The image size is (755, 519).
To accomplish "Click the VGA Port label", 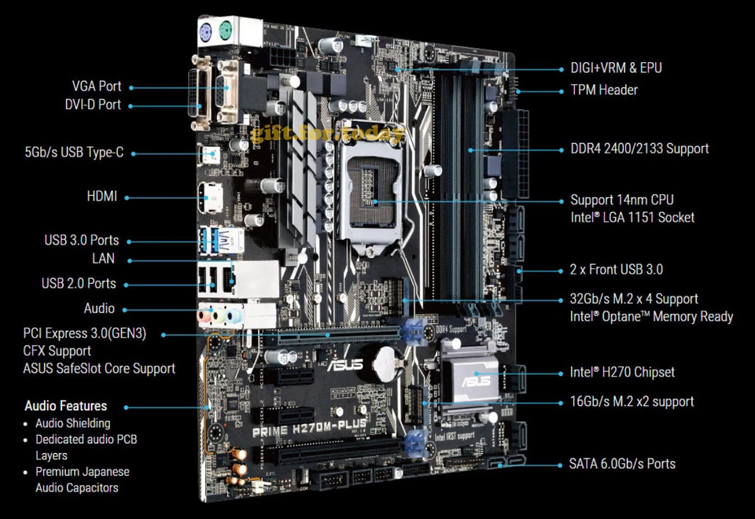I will pyautogui.click(x=97, y=86).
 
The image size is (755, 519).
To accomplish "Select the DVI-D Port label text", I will pyautogui.click(x=93, y=104).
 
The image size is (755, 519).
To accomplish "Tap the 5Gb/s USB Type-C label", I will pyautogui.click(x=74, y=153).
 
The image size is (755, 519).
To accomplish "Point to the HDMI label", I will pyautogui.click(x=101, y=197).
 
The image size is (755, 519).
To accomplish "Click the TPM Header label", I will pyautogui.click(x=604, y=90).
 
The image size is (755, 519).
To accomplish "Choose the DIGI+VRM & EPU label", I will pyautogui.click(x=616, y=68).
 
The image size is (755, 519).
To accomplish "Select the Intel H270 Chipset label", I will pyautogui.click(x=622, y=372).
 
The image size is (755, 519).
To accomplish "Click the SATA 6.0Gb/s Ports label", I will pyautogui.click(x=622, y=463).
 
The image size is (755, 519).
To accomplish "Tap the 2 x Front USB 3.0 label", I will pyautogui.click(x=616, y=269).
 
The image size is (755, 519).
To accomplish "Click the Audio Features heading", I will pyautogui.click(x=65, y=407).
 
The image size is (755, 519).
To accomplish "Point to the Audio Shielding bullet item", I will pyautogui.click(x=72, y=423).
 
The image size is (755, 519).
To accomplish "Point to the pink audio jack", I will pyautogui.click(x=204, y=316).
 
